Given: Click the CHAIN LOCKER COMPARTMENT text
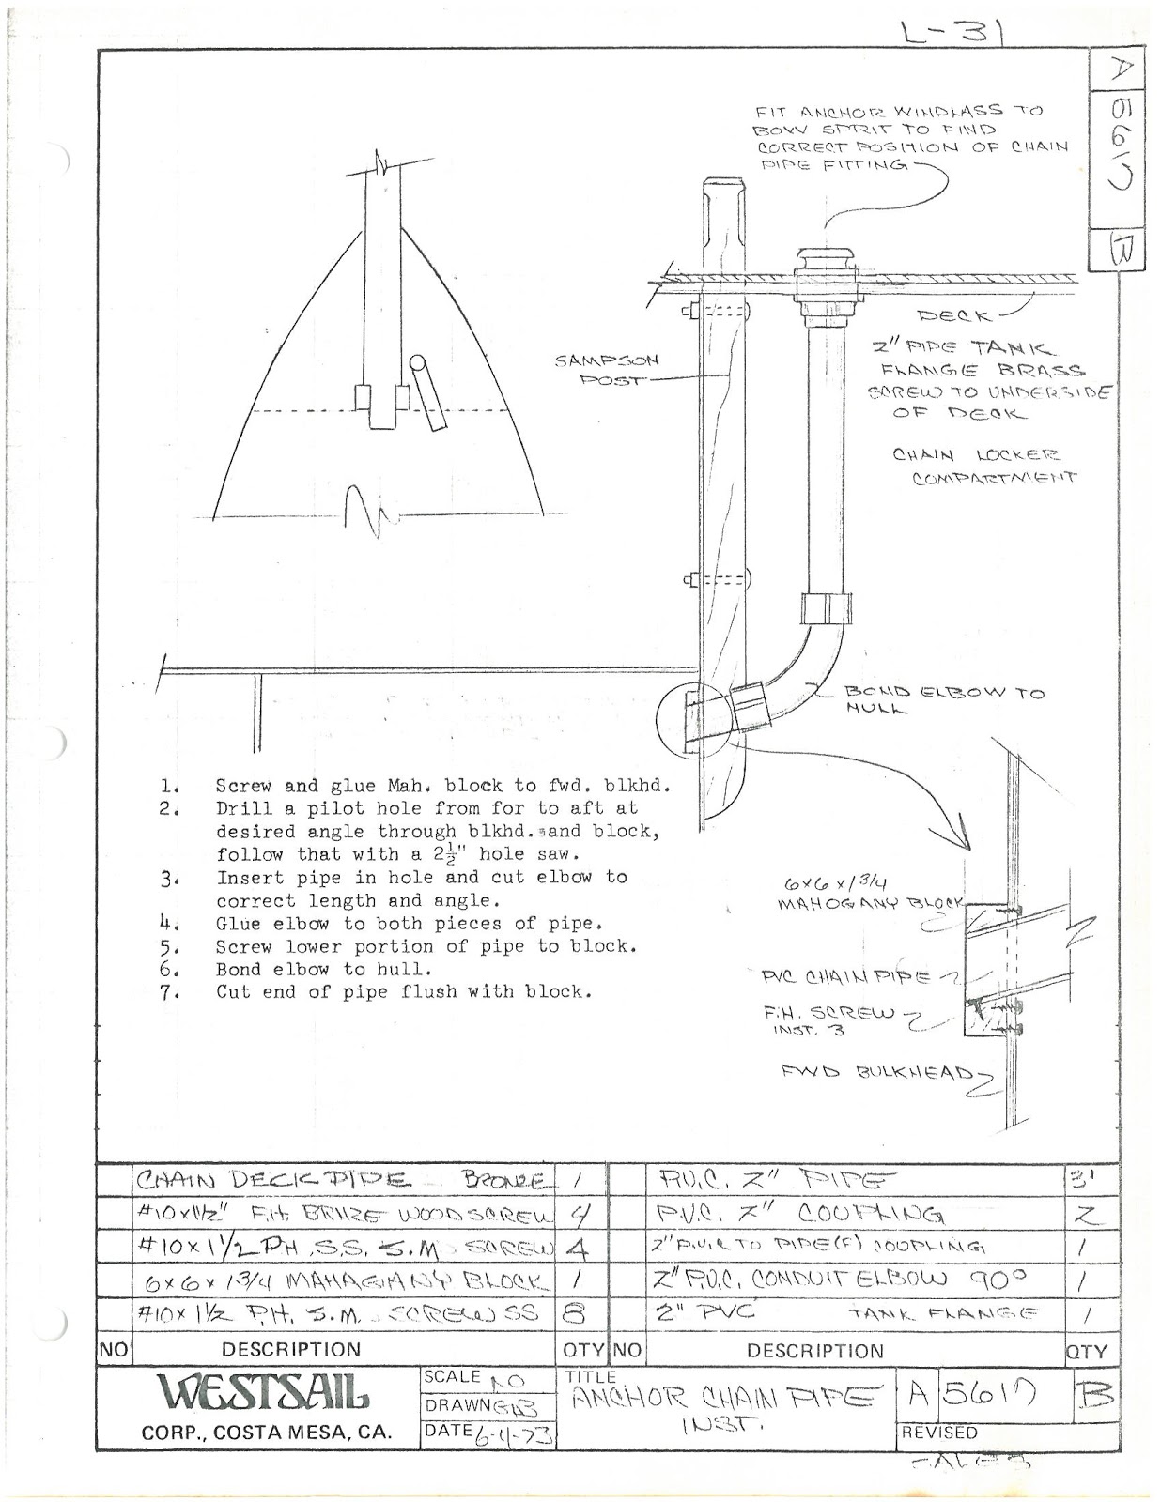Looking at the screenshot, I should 981,466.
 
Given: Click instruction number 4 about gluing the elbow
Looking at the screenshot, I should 409,924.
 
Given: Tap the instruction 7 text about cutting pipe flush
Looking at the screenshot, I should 404,992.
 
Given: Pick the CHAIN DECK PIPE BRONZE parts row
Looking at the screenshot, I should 343,1180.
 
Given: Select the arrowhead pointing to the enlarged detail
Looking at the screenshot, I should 961,835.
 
